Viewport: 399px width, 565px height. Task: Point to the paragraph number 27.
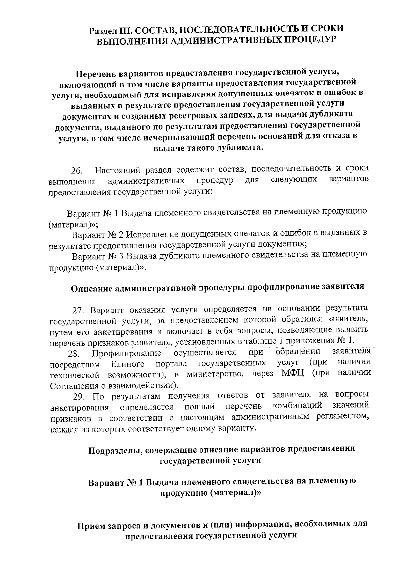(x=80, y=311)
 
